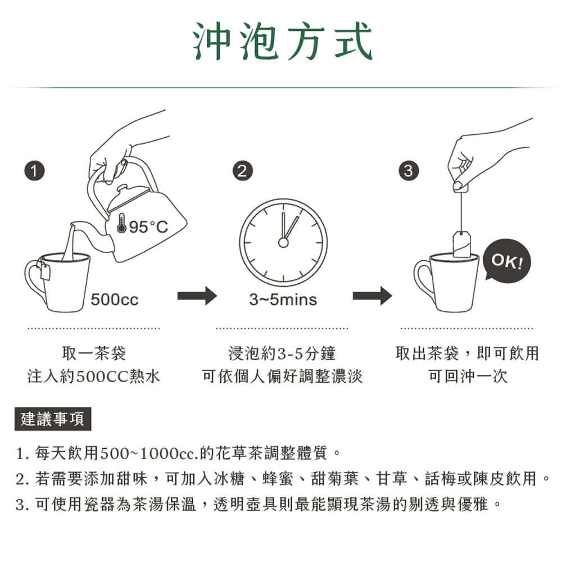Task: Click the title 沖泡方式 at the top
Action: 283,42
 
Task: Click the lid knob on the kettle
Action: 121,189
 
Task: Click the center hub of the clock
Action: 283,242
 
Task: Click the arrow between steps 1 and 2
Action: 197,296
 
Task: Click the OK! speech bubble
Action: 507,262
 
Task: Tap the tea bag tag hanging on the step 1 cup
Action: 44,272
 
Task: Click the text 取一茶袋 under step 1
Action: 94,353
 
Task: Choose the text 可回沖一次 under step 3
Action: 468,376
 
